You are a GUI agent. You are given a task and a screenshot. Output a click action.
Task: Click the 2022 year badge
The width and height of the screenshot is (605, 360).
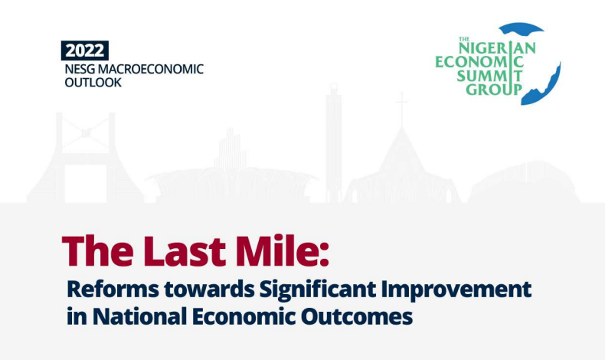point(85,51)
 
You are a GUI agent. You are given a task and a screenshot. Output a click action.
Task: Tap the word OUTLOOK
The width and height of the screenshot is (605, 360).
point(93,83)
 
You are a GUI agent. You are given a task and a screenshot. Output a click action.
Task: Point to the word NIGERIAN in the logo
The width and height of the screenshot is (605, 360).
point(497,47)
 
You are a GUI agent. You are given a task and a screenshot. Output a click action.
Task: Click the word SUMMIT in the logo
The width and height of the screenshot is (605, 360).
point(489,75)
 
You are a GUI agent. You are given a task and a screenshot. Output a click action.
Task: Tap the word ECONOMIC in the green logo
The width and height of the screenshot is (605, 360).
point(479,62)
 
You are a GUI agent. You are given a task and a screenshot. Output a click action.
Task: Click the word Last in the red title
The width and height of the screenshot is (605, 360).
point(185,251)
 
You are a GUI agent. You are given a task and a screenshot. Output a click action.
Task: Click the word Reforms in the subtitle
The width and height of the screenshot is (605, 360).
point(113,290)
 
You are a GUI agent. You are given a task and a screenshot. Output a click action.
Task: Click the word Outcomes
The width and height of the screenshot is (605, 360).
point(357,316)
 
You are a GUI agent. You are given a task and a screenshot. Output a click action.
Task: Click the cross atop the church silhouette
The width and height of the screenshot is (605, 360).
point(402,107)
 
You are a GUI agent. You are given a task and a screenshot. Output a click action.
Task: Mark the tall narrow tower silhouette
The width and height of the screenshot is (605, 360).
point(333,142)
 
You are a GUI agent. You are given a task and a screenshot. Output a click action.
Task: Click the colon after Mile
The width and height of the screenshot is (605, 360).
point(324,255)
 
